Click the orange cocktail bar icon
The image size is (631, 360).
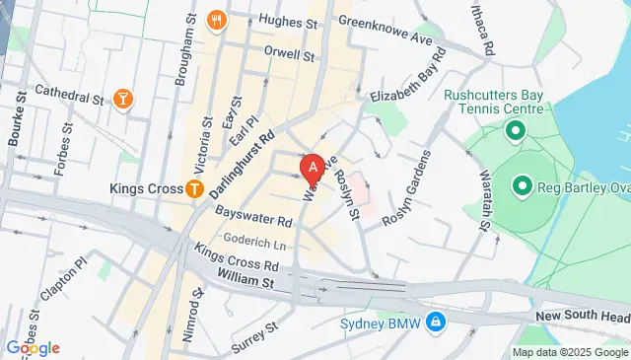123,99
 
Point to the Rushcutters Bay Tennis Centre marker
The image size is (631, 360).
514,130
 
